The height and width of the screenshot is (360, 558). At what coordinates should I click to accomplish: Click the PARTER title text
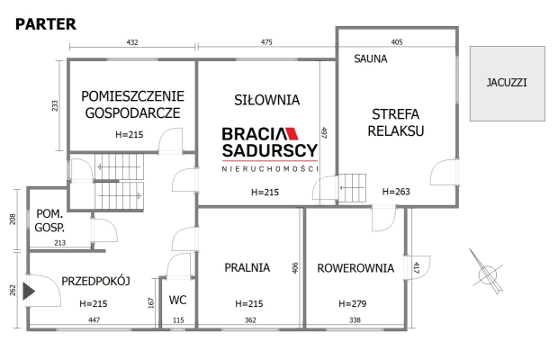[x=45, y=24]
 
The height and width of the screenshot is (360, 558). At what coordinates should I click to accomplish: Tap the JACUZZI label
[x=507, y=82]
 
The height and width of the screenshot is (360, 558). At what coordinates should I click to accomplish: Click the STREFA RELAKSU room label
[x=398, y=121]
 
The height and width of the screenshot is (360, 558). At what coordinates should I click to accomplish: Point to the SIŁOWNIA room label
[x=266, y=100]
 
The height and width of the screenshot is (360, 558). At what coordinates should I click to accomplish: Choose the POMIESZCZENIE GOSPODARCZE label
[x=132, y=103]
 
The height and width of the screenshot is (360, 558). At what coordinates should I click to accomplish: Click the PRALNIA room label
[x=247, y=266]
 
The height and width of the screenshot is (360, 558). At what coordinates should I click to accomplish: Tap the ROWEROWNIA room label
[x=355, y=266]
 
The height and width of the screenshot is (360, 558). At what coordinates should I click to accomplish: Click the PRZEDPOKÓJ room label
[x=96, y=281]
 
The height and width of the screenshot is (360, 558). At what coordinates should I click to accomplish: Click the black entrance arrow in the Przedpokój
[x=30, y=291]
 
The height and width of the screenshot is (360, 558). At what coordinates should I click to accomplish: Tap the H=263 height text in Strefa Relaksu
[x=397, y=192]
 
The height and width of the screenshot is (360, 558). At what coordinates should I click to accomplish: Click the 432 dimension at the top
[x=131, y=42]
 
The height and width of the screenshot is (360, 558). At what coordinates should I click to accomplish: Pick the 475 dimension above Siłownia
[x=266, y=42]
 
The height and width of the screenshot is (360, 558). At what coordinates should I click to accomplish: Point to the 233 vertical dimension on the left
[x=55, y=106]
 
